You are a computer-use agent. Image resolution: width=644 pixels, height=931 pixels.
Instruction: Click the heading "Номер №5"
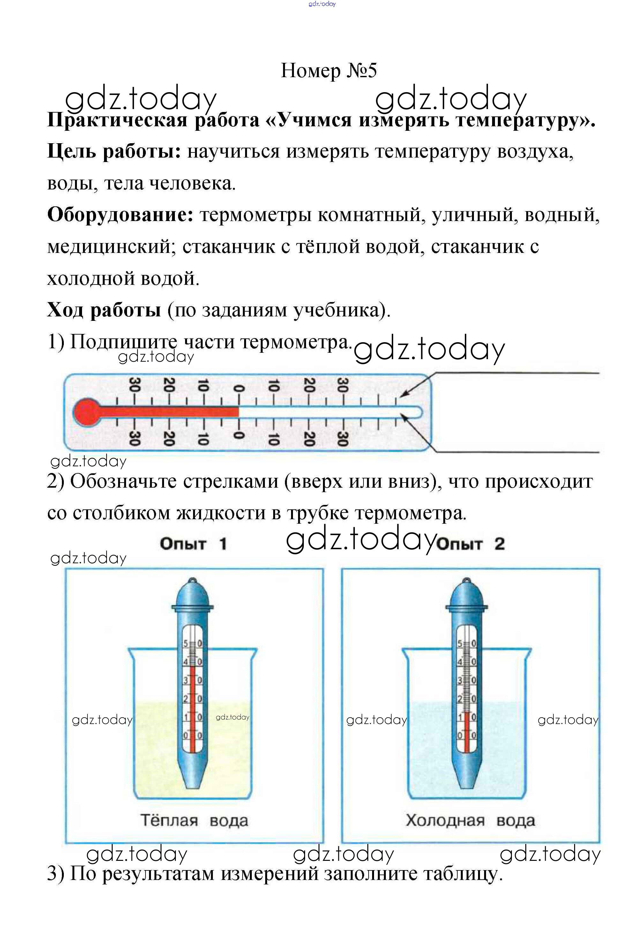[328, 70]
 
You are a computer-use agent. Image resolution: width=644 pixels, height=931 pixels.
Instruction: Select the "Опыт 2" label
[470, 544]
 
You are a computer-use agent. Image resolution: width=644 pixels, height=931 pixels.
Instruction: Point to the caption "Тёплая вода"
[194, 821]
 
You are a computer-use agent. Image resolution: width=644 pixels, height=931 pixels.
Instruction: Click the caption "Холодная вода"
[470, 821]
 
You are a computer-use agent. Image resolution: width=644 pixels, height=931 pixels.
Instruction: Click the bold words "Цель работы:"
[114, 151]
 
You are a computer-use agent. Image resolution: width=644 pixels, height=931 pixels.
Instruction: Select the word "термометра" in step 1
[296, 342]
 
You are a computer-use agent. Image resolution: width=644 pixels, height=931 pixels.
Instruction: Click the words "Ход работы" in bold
[104, 310]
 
